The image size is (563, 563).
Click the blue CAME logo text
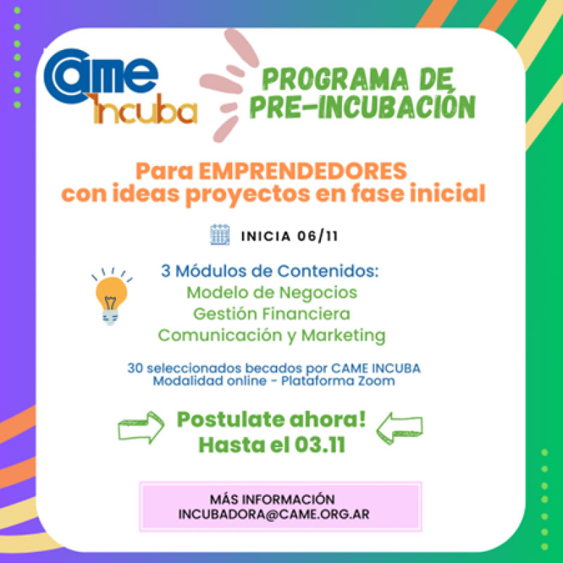pyautogui.click(x=101, y=76)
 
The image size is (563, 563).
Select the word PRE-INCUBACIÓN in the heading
pyautogui.click(x=362, y=107)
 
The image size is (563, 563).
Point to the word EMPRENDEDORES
pyautogui.click(x=303, y=171)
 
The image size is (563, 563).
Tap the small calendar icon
pyautogui.click(x=220, y=235)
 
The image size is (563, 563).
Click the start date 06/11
pyautogui.click(x=317, y=236)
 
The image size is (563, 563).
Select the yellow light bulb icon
pyautogui.click(x=111, y=296)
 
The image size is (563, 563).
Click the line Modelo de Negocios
pyautogui.click(x=272, y=293)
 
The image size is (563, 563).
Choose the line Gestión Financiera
pyautogui.click(x=272, y=314)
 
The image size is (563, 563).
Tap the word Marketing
pyautogui.click(x=343, y=336)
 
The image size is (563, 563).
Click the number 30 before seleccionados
pyautogui.click(x=135, y=368)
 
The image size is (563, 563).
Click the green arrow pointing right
pyautogui.click(x=141, y=427)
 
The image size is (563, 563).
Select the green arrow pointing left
pyautogui.click(x=399, y=428)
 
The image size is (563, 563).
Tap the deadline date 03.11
pyautogui.click(x=320, y=445)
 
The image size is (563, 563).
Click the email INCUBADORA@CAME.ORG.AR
pyautogui.click(x=274, y=514)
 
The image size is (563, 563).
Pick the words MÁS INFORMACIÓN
pyautogui.click(x=272, y=499)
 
